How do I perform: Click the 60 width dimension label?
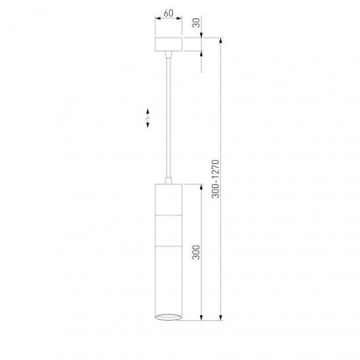point(168,13)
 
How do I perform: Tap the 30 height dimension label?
point(197,23)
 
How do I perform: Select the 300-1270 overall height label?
point(215,179)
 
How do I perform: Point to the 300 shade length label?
point(196,252)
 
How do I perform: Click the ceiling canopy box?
point(169,44)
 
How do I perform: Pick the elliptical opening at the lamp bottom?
point(169,317)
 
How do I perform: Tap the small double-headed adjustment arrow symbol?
point(148,118)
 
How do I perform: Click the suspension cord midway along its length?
point(168,117)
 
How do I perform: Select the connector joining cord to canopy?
point(168,54)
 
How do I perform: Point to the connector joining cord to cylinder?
point(168,180)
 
